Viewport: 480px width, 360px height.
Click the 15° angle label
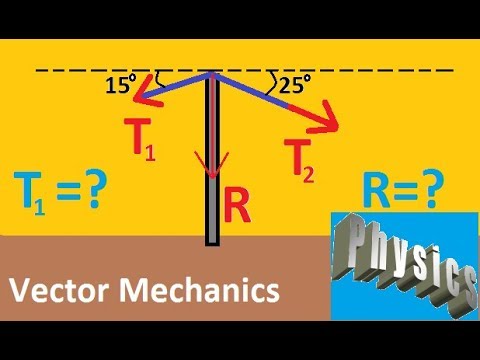[119, 86]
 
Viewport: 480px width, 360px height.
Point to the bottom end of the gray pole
[212, 240]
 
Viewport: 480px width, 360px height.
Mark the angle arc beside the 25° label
[271, 80]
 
